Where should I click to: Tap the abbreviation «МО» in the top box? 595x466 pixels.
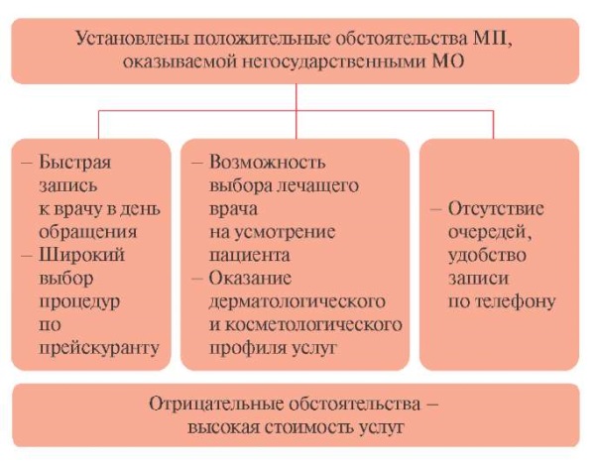[x=448, y=61]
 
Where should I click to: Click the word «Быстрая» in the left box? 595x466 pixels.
[x=75, y=163]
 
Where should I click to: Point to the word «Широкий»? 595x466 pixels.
[x=81, y=254]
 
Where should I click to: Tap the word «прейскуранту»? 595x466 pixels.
[x=99, y=348]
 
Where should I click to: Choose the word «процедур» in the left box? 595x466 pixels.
[x=79, y=302]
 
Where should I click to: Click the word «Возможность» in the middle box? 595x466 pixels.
[x=267, y=162]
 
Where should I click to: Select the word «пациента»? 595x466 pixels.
[x=249, y=255]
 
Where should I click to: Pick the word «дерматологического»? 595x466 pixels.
[x=297, y=301]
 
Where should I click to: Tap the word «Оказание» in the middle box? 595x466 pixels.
[x=250, y=278]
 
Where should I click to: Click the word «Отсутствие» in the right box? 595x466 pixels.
[x=496, y=209]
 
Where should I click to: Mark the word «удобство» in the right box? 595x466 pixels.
[x=487, y=255]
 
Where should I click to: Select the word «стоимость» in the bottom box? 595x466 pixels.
[x=309, y=427]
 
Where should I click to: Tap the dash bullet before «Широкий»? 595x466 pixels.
[x=27, y=255]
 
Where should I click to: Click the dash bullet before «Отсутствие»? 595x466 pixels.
[x=436, y=209]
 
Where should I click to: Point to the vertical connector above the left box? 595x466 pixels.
[x=98, y=125]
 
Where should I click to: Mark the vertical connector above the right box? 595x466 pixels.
[x=493, y=125]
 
